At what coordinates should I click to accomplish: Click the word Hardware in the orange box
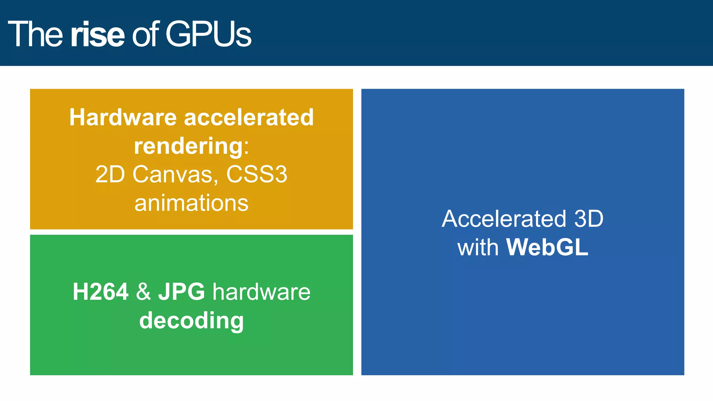pyautogui.click(x=123, y=117)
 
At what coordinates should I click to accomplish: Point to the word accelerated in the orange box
pyautogui.click(x=249, y=117)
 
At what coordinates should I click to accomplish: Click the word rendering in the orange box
pyautogui.click(x=188, y=147)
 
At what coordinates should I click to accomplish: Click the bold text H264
pyautogui.click(x=101, y=292)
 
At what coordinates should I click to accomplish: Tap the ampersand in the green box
pyautogui.click(x=143, y=292)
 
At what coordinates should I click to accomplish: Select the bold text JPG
pyautogui.click(x=181, y=292)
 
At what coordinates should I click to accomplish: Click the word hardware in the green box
pyautogui.click(x=261, y=292)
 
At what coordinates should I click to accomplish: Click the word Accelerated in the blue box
pyautogui.click(x=504, y=219)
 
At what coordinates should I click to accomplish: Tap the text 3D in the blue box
pyautogui.click(x=588, y=219)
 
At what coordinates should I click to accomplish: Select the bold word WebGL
pyautogui.click(x=547, y=247)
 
